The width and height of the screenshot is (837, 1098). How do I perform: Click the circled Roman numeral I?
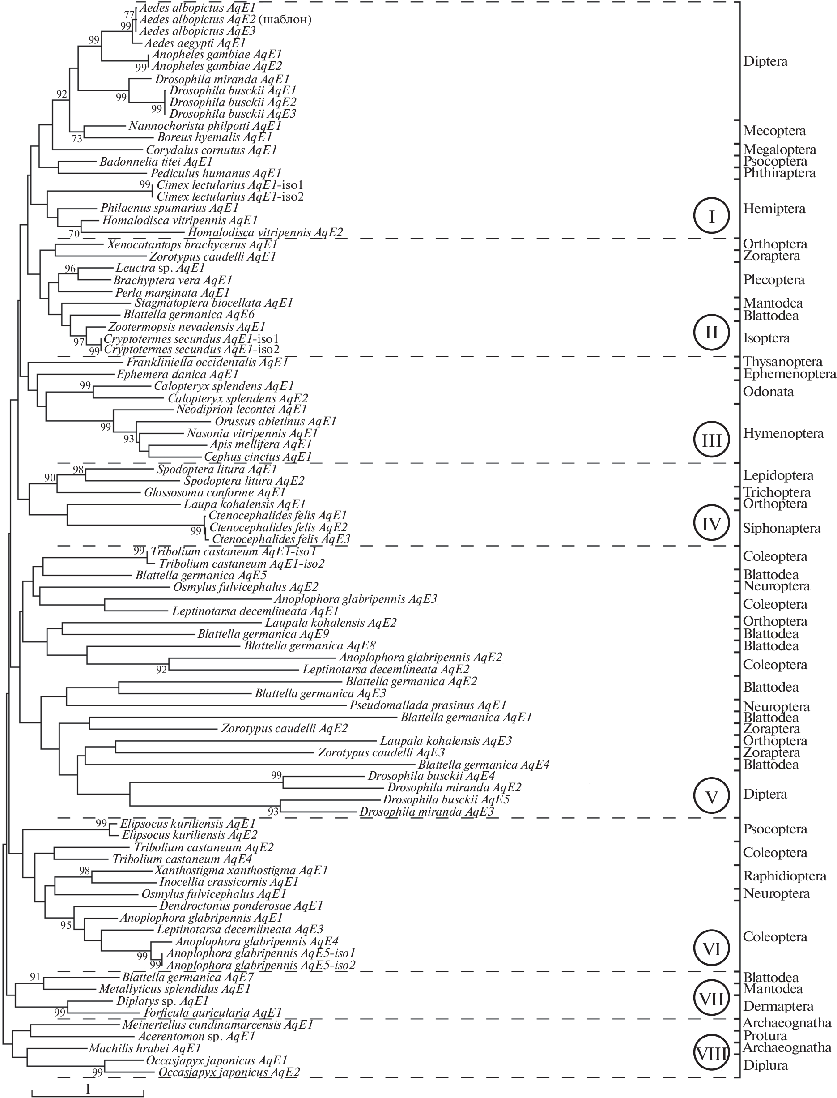(x=711, y=216)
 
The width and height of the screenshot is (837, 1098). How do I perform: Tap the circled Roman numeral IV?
(x=711, y=524)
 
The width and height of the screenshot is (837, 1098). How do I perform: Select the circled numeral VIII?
(x=711, y=1054)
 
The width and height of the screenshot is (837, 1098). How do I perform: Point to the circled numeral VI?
(x=711, y=948)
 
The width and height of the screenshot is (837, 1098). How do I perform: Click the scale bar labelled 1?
(x=88, y=1090)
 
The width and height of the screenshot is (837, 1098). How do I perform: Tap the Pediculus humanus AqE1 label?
(x=216, y=173)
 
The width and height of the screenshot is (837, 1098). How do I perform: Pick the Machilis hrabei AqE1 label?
(x=145, y=1048)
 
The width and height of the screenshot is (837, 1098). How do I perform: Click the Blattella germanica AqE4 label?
(x=484, y=764)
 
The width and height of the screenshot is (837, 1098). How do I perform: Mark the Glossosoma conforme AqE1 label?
(x=215, y=492)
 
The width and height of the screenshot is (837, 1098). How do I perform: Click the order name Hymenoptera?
(x=783, y=433)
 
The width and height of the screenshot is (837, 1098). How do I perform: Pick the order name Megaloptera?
(x=780, y=150)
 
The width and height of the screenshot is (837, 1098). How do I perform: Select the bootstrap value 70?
(x=74, y=233)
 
